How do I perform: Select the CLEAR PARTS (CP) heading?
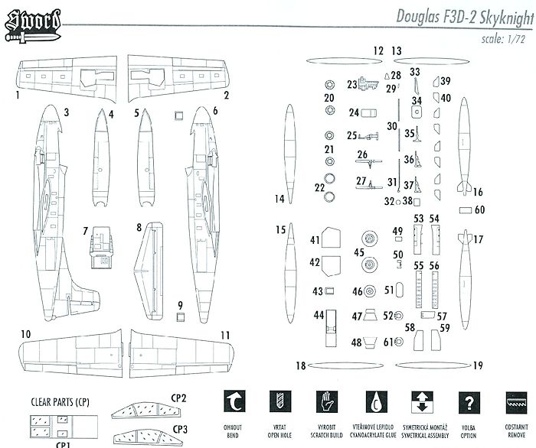click(x=59, y=400)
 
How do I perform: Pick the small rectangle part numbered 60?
click(x=466, y=209)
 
